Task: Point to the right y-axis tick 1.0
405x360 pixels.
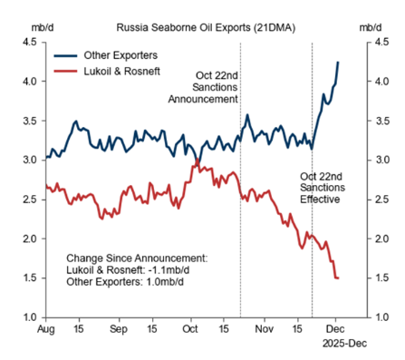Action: (x=383, y=317)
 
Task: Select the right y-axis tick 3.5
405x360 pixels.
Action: (x=383, y=120)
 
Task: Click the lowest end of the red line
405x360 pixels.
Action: (x=338, y=278)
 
